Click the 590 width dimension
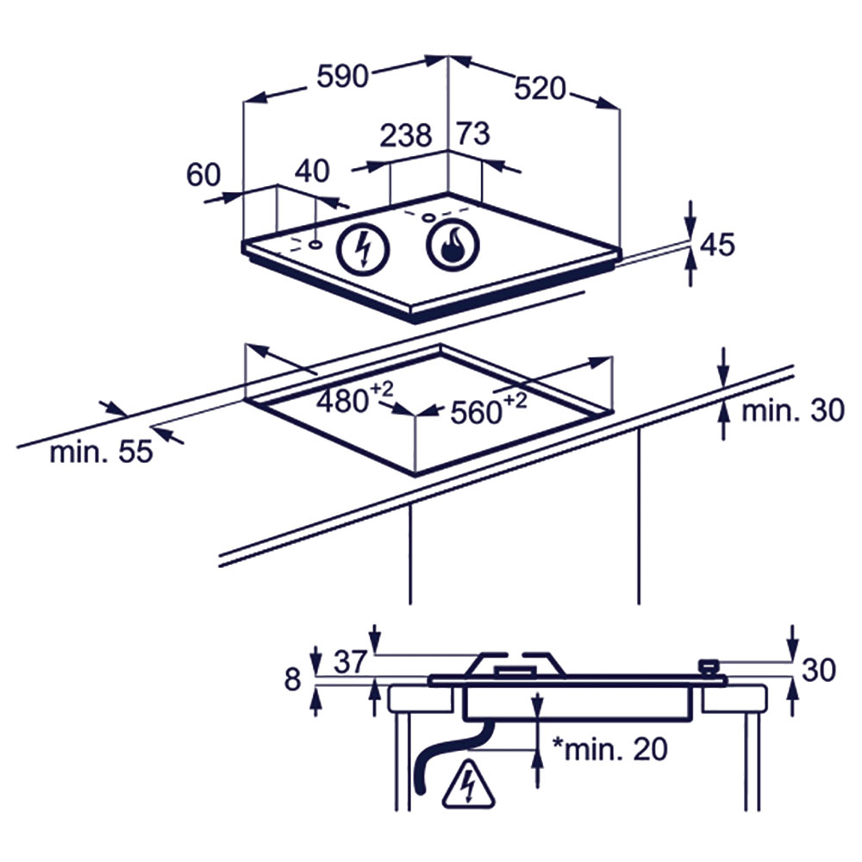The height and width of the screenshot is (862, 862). pyautogui.click(x=342, y=76)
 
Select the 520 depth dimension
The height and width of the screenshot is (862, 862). pyautogui.click(x=540, y=89)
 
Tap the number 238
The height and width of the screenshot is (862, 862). pyautogui.click(x=406, y=135)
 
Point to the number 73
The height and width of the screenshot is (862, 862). pyautogui.click(x=473, y=134)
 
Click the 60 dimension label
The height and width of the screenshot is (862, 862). pyautogui.click(x=203, y=175)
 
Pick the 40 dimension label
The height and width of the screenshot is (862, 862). pyautogui.click(x=312, y=171)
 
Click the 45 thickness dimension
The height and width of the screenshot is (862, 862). pyautogui.click(x=717, y=245)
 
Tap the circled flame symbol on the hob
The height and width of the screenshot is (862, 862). pyautogui.click(x=453, y=244)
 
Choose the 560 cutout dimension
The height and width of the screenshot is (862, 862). pyautogui.click(x=488, y=409)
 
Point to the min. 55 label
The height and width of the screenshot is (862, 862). pyautogui.click(x=101, y=452)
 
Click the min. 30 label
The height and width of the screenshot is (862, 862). pyautogui.click(x=793, y=410)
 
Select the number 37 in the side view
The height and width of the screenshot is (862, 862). pyautogui.click(x=350, y=661)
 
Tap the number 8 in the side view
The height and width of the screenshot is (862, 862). pyautogui.click(x=292, y=679)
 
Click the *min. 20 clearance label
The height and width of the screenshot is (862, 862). pyautogui.click(x=609, y=749)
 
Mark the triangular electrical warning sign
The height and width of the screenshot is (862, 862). pyautogui.click(x=469, y=785)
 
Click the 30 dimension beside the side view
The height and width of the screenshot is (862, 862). pyautogui.click(x=819, y=670)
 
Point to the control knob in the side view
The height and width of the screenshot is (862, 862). pyautogui.click(x=709, y=668)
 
